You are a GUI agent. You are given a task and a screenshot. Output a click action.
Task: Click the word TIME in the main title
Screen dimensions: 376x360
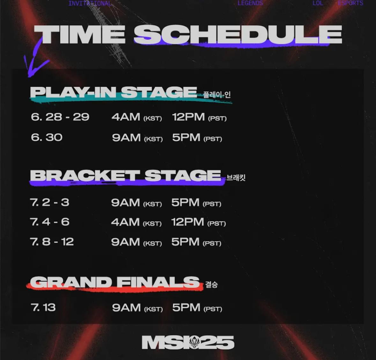pyautogui.click(x=79, y=34)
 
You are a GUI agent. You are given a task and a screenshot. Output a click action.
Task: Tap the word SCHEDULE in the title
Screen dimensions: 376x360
pyautogui.click(x=238, y=34)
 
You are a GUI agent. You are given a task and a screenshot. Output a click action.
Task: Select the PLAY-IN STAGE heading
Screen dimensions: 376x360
pyautogui.click(x=114, y=92)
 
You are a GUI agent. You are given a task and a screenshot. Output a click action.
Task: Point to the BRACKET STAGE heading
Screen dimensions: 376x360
pyautogui.click(x=125, y=175)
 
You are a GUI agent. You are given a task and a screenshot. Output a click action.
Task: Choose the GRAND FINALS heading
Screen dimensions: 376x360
pyautogui.click(x=114, y=282)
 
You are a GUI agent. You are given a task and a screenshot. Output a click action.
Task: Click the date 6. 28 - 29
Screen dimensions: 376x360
pyautogui.click(x=60, y=117)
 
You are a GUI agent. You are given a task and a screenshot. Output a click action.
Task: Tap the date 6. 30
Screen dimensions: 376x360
pyautogui.click(x=47, y=137)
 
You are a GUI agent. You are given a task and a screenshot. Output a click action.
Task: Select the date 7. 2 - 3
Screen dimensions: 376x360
pyautogui.click(x=50, y=202)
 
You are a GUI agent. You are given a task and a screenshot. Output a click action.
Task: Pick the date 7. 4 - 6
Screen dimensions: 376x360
pyautogui.click(x=50, y=222)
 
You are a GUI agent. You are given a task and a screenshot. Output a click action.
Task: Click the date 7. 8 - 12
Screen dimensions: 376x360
pyautogui.click(x=52, y=242)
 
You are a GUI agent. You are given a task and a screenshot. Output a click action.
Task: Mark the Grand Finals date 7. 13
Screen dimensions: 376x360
pyautogui.click(x=43, y=307)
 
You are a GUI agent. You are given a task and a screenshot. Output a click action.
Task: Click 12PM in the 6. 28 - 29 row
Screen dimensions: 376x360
pyautogui.click(x=188, y=117)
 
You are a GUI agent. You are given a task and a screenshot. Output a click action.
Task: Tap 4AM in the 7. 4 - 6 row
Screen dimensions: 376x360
pyautogui.click(x=125, y=222)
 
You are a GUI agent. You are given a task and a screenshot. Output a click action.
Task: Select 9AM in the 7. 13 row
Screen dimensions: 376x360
pyautogui.click(x=126, y=307)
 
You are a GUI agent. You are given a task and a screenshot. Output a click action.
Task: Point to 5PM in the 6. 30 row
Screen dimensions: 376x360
pyautogui.click(x=186, y=138)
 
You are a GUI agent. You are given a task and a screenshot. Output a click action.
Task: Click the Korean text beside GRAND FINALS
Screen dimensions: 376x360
pyautogui.click(x=211, y=284)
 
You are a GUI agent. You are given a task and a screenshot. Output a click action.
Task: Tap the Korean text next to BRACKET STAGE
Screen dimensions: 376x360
pyautogui.click(x=236, y=178)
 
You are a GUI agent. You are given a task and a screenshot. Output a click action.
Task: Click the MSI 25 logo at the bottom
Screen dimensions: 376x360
pyautogui.click(x=188, y=342)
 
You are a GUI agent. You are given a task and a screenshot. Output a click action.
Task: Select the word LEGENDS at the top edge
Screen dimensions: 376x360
pyautogui.click(x=250, y=3)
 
